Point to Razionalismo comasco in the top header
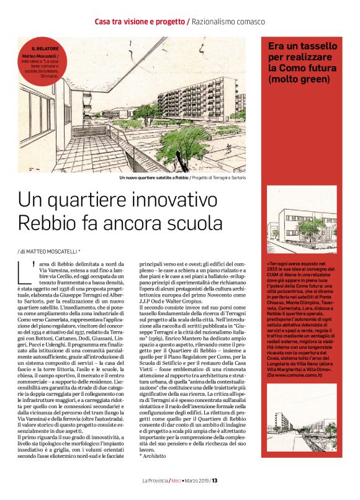click(x=228, y=22)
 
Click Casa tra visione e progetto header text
click(x=140, y=22)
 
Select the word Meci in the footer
click(x=176, y=480)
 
